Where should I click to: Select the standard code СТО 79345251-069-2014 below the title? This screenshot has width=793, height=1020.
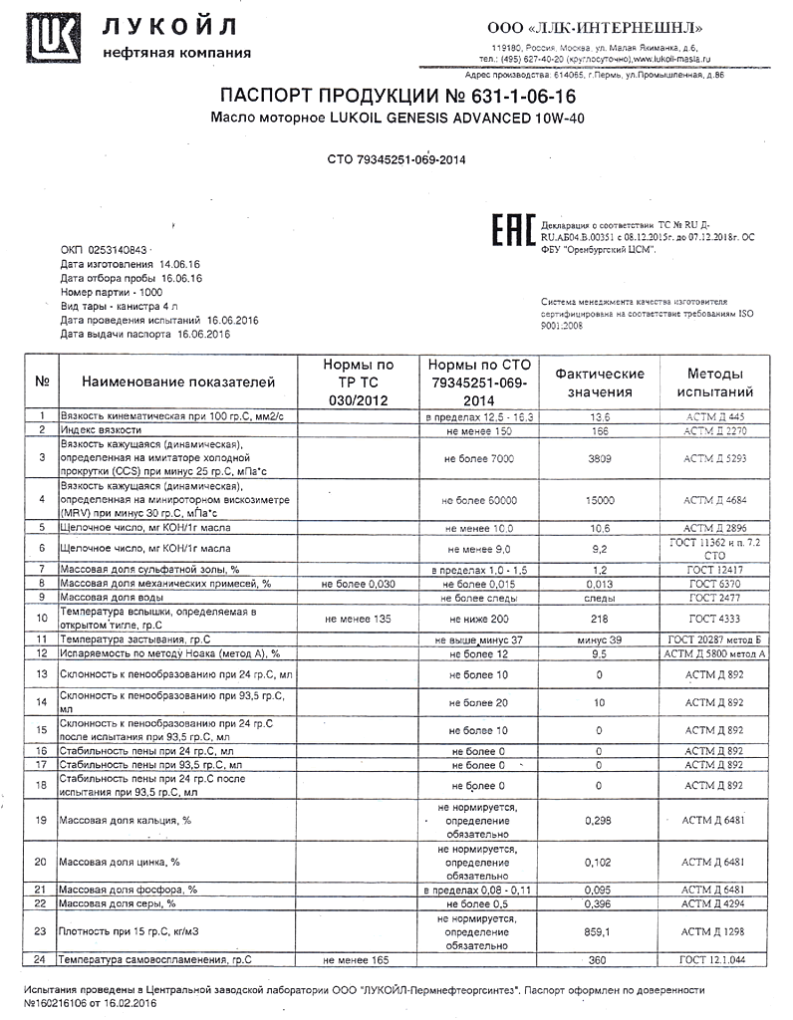396,159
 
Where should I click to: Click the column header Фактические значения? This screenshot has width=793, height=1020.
600,382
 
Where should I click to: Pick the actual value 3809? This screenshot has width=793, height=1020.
599,457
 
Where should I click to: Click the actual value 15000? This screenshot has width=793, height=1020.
599,500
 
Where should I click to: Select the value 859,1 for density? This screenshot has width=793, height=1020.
599,932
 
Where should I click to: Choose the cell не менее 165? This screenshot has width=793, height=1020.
355,960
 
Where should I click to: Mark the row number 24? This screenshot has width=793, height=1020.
41,960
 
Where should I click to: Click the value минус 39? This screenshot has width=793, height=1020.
599,637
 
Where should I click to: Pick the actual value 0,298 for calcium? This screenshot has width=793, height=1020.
599,820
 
